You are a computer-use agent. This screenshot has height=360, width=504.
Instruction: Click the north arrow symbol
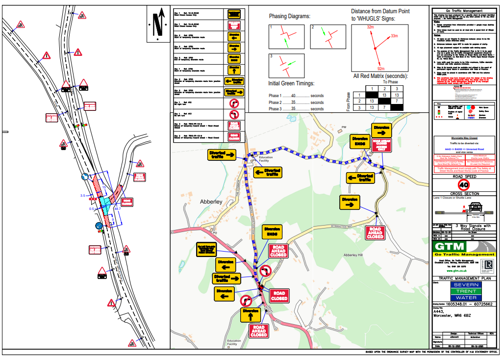(157, 23)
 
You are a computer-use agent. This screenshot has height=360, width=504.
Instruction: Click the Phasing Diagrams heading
(289, 16)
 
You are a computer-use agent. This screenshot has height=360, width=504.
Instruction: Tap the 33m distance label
(394, 36)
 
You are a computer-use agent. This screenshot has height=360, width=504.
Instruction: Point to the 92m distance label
(381, 69)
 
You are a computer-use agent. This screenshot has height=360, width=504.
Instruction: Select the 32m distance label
(370, 27)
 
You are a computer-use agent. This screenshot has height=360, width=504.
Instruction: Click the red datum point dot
(375, 48)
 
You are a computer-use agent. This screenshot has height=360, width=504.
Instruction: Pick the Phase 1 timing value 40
(293, 96)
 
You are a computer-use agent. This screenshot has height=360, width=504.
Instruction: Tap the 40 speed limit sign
(464, 185)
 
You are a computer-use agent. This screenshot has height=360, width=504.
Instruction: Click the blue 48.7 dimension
(117, 208)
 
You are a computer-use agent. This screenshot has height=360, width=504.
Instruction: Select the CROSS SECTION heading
(464, 194)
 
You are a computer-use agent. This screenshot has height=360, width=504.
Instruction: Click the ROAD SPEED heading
(464, 176)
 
